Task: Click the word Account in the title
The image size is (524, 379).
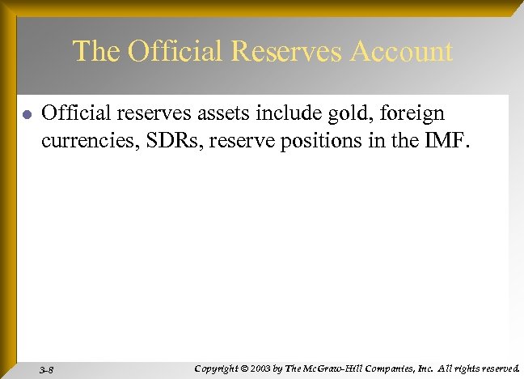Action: tap(402, 52)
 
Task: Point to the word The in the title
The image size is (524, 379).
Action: tap(96, 52)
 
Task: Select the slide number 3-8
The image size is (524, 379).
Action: tap(46, 369)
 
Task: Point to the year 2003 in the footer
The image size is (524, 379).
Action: tap(261, 368)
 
